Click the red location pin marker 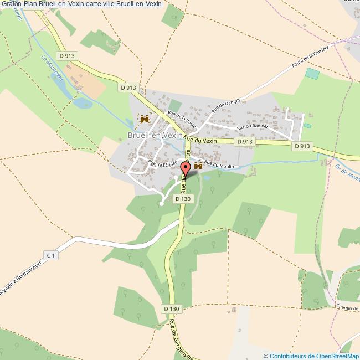coord(186,169)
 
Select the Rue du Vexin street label coord(200,141)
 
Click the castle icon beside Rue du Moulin coord(198,166)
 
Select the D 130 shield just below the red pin coord(183,199)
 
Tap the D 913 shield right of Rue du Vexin coord(244,142)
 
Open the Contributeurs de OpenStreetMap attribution coord(315,356)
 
